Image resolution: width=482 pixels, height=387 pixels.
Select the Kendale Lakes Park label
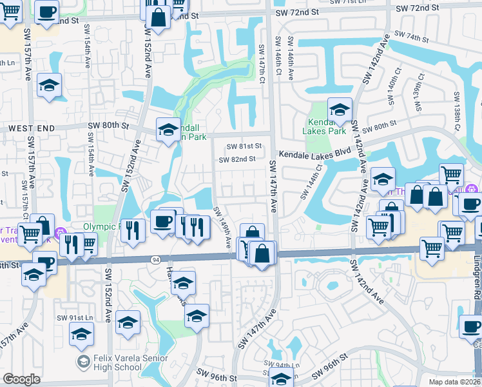[324, 126]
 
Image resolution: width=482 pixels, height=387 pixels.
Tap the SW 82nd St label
[237, 159]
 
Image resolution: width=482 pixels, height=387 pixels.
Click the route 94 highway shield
[156, 259]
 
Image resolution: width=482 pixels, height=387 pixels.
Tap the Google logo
[21, 379]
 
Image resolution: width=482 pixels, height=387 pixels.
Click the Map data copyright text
[455, 382]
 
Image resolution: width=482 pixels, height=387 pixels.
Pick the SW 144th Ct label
[311, 181]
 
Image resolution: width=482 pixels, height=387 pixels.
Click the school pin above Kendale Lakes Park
[340, 110]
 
